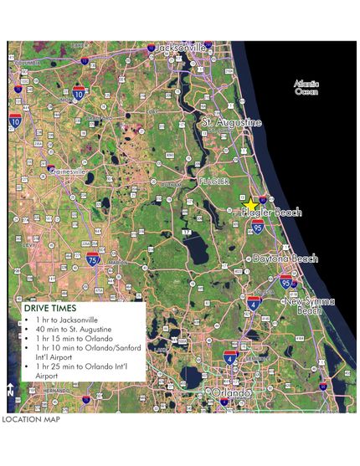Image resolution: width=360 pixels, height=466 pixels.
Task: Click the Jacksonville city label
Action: [181, 49]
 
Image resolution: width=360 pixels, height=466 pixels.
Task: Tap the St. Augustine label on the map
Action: [232, 123]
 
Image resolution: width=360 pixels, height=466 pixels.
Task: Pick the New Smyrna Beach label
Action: [311, 305]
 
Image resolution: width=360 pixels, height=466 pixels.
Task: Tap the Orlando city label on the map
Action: [231, 392]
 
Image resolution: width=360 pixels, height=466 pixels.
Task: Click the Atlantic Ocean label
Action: [306, 87]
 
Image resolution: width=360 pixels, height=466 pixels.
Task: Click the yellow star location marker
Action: [252, 203]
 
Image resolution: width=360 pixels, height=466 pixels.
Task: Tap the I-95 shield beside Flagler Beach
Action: [258, 227]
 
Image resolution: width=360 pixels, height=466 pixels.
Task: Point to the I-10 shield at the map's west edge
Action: [15, 121]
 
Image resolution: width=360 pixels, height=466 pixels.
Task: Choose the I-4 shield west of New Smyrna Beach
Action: [254, 304]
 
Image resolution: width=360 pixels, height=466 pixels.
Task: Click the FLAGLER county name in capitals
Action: [213, 181]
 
